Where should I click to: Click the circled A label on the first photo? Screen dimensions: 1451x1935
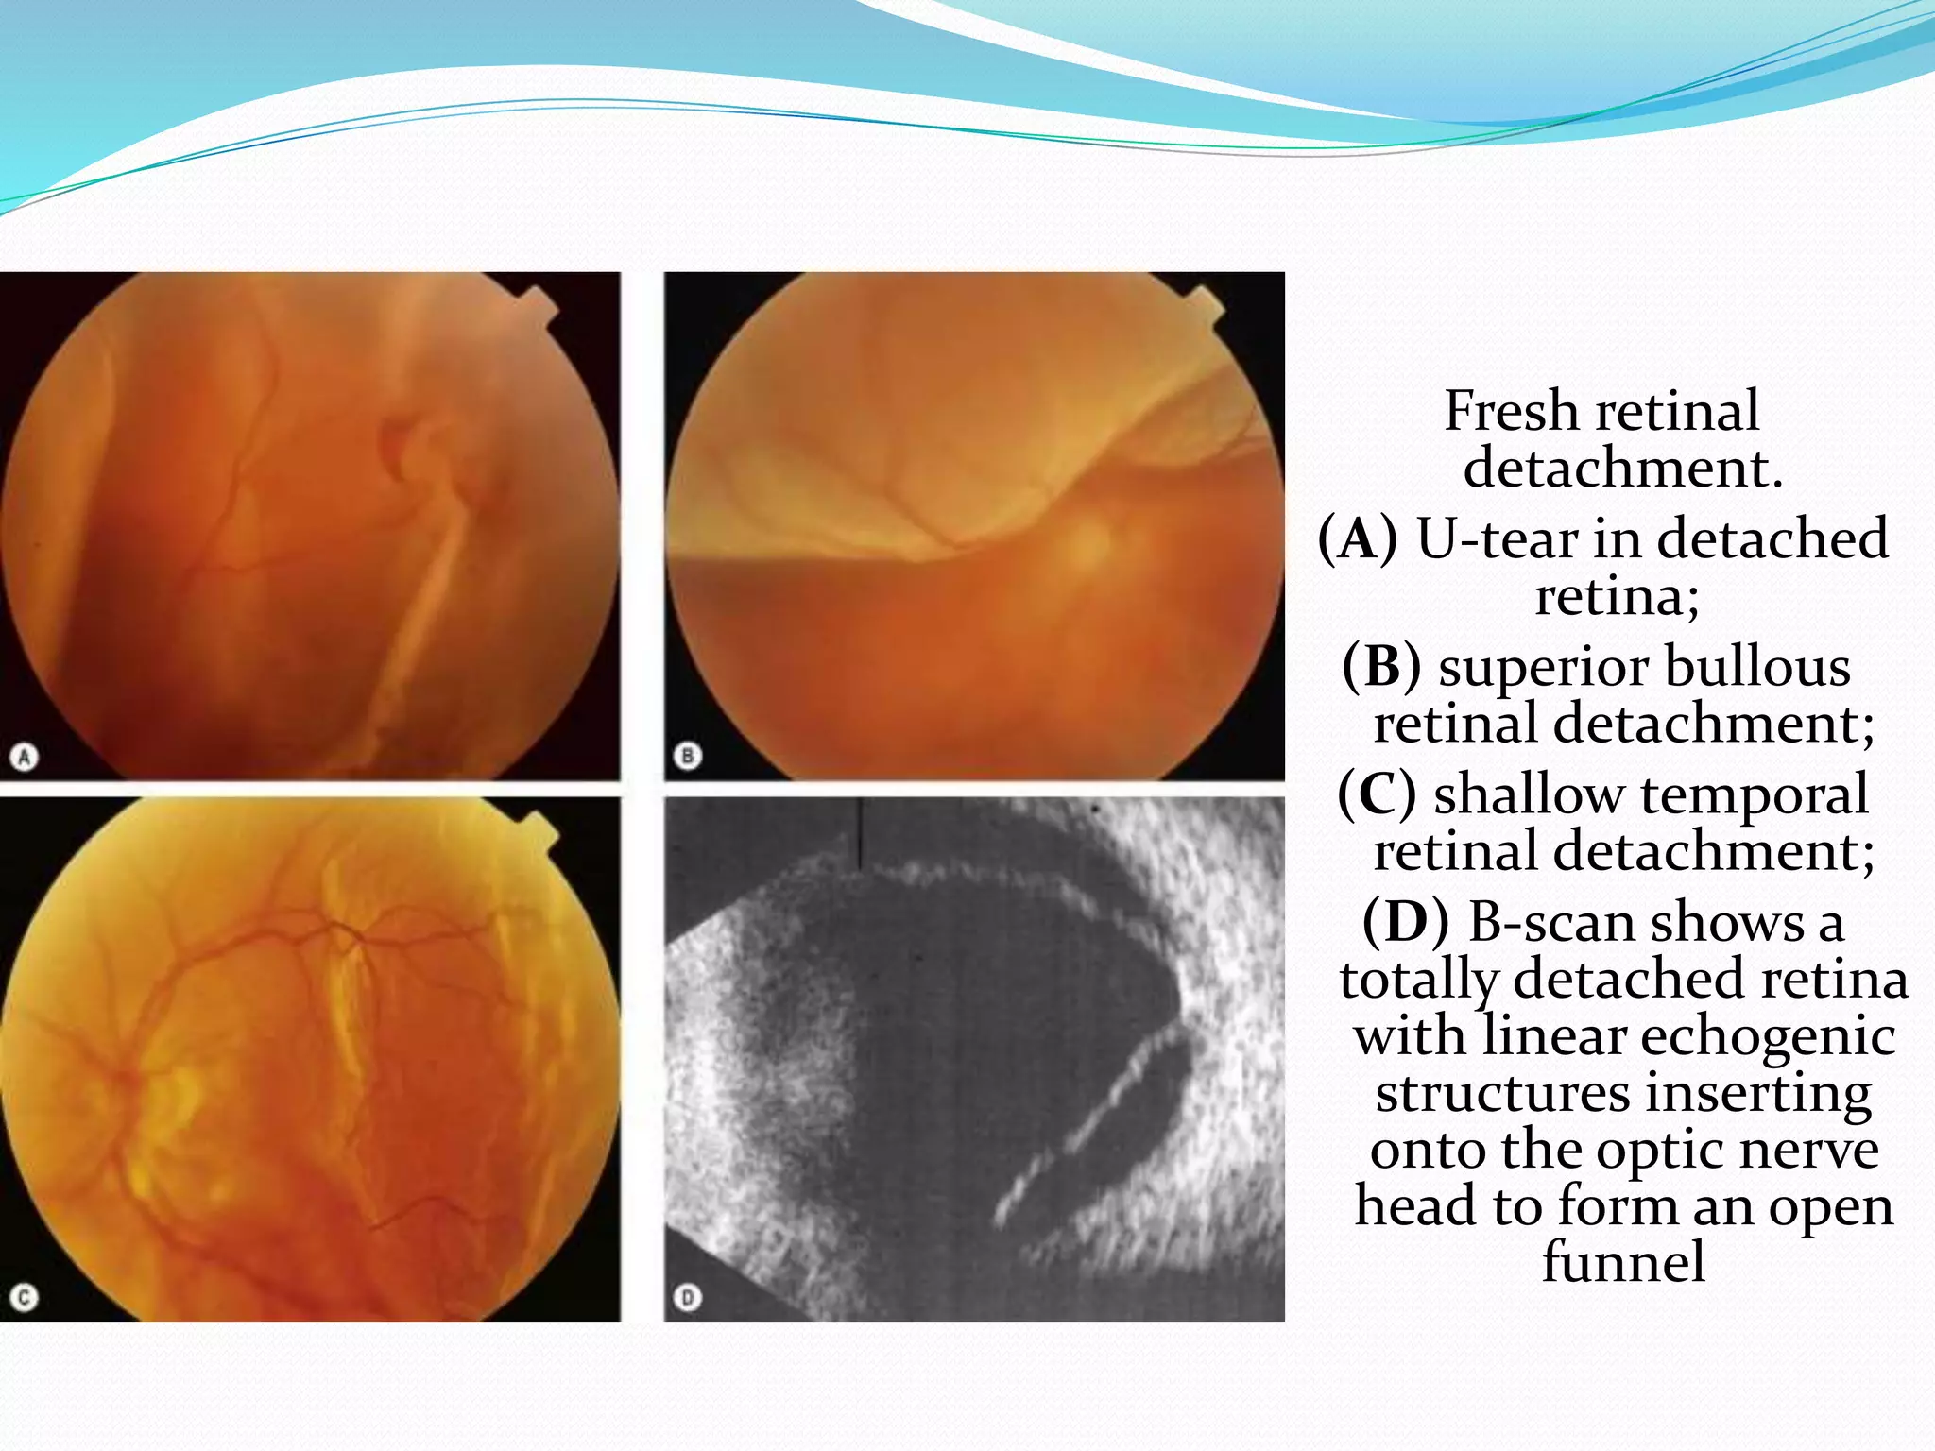click(x=25, y=756)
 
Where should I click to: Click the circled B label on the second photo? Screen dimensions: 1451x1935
click(x=688, y=756)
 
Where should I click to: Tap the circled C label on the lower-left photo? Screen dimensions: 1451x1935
click(x=25, y=1297)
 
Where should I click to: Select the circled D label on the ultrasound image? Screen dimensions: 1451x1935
click(x=688, y=1297)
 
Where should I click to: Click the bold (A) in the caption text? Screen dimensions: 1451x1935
click(x=1358, y=538)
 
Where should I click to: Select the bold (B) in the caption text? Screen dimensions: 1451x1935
click(x=1381, y=666)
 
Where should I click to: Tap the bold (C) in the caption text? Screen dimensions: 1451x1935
click(x=1377, y=794)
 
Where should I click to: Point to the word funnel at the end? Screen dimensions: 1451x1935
click(x=1623, y=1262)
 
